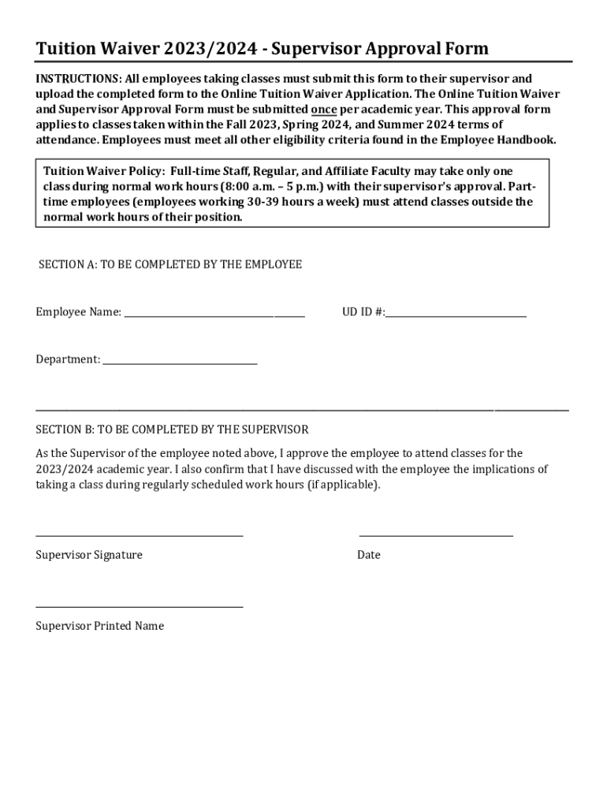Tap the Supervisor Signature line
140,536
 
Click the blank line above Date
436,536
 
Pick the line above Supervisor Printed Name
140,607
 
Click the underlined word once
324,110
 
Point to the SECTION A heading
170,265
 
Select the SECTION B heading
172,430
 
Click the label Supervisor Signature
89,555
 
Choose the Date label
368,555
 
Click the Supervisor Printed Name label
100,626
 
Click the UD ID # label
363,312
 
